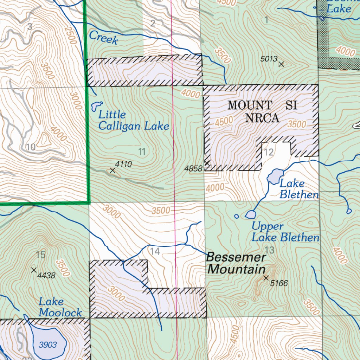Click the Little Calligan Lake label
coord(133,120)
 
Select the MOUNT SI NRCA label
coord(262,111)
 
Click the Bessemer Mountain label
coord(236,263)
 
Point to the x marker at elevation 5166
coord(266,278)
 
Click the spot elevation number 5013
coord(269,59)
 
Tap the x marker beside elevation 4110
coord(112,170)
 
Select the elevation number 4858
coord(193,169)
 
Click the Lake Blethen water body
coord(275,176)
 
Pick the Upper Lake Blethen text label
coord(285,232)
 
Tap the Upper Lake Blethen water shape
coord(250,214)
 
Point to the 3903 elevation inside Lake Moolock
coord(47,345)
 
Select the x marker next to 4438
coord(34,270)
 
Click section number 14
coord(155,251)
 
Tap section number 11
coord(142,152)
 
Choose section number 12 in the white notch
coord(269,152)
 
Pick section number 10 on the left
coord(31,147)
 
